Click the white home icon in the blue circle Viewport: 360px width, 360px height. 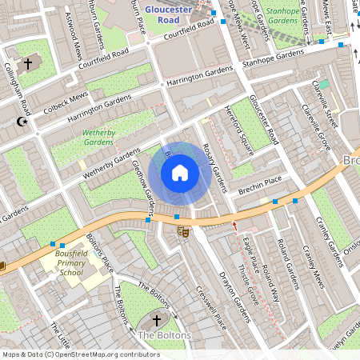coord(180,173)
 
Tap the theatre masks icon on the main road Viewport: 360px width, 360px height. coord(182,231)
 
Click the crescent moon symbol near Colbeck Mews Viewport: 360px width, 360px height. coord(22,122)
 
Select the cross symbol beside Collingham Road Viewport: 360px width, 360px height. coord(29,62)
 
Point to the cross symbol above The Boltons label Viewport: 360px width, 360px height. coord(157,320)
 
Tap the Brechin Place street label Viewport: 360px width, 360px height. coord(260,186)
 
